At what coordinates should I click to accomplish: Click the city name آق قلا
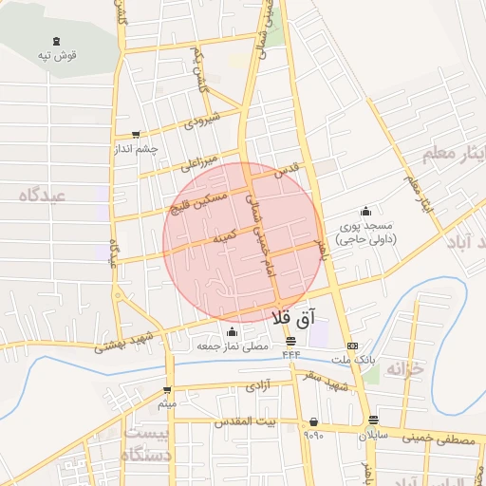click(x=292, y=319)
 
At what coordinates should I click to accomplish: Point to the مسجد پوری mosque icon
click(x=365, y=211)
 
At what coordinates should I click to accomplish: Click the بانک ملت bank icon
click(x=352, y=346)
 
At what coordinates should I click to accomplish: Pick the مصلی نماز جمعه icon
click(x=233, y=331)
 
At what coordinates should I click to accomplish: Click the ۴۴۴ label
click(x=290, y=354)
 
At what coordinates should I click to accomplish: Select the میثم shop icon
click(x=167, y=390)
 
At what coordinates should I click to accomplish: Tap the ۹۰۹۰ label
click(x=313, y=436)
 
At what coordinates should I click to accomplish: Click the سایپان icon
click(x=373, y=421)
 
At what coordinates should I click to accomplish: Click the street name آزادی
click(x=259, y=386)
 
